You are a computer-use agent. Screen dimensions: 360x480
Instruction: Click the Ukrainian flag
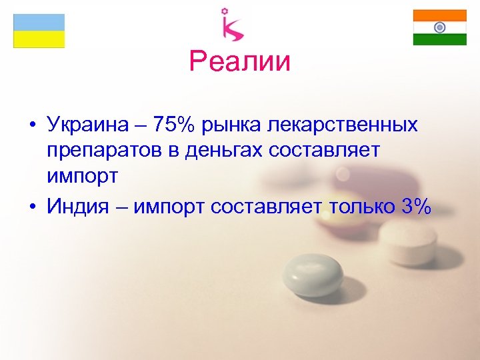(x=39, y=31)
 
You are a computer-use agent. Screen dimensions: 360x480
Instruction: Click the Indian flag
(x=439, y=27)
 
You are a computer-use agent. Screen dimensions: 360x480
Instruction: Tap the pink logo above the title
(x=233, y=25)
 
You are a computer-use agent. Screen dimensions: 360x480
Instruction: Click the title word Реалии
(x=240, y=62)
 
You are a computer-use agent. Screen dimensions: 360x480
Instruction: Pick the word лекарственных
(x=353, y=125)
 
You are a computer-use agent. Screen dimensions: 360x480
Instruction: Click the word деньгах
(x=239, y=151)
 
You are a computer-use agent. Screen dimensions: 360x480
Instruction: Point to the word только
(x=361, y=207)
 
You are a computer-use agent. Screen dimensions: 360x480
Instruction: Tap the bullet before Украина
(x=32, y=125)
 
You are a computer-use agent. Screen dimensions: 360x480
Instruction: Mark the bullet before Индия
(x=32, y=207)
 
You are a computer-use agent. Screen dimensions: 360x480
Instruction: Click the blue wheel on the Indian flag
(x=439, y=27)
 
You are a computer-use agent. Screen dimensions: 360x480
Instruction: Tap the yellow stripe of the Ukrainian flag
(x=39, y=39)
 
